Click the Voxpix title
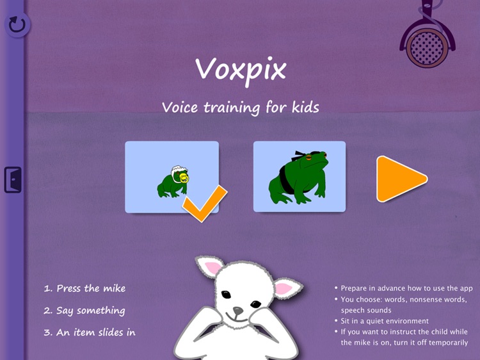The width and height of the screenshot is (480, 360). (x=240, y=69)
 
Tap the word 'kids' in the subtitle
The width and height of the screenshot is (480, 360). (x=302, y=107)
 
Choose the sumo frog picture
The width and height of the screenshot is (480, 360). (x=300, y=176)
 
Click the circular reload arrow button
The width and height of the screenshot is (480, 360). (x=17, y=25)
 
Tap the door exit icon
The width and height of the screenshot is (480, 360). (x=13, y=179)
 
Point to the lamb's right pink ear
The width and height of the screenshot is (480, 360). (x=283, y=288)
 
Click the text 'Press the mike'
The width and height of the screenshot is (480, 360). (x=84, y=288)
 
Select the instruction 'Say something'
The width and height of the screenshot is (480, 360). (x=84, y=311)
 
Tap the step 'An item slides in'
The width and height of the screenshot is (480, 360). (x=90, y=332)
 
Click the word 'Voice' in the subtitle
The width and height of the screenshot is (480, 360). (x=180, y=107)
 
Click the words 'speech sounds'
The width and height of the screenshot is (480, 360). (x=365, y=310)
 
